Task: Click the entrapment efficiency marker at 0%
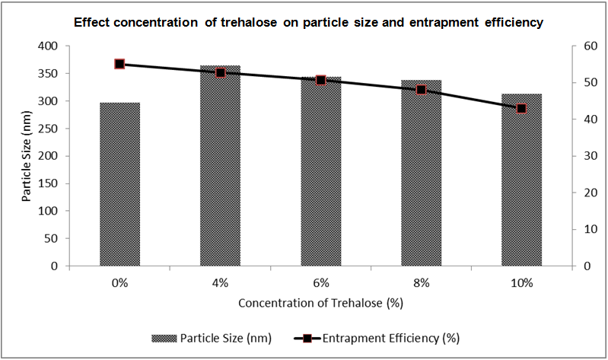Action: point(119,64)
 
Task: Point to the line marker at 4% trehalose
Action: point(221,72)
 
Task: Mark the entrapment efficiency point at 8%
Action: point(421,90)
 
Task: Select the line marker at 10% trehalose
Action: point(521,109)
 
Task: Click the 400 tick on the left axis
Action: point(49,46)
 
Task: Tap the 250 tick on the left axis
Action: point(49,129)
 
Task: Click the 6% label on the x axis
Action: point(320,283)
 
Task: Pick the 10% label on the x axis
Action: point(521,283)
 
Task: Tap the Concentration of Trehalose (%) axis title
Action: point(320,303)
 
